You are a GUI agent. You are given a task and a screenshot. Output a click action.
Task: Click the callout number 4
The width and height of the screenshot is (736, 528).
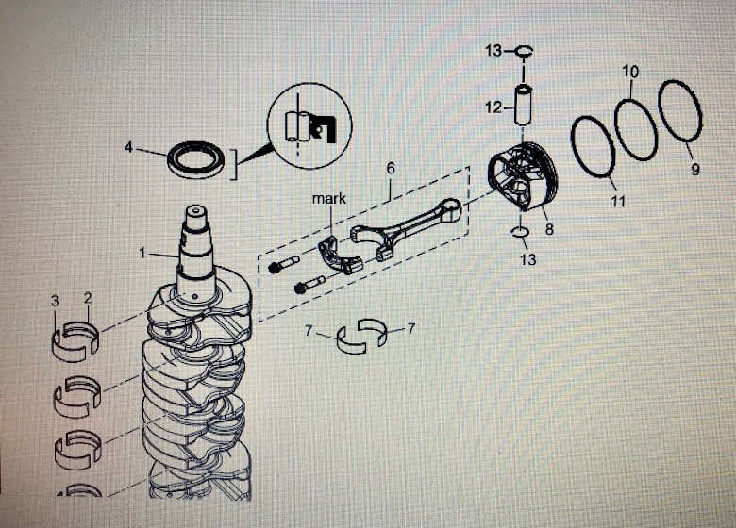(x=129, y=147)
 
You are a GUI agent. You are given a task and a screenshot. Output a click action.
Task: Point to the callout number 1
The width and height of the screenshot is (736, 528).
(x=143, y=253)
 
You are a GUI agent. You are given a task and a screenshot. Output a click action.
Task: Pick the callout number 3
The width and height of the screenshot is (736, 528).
(x=56, y=300)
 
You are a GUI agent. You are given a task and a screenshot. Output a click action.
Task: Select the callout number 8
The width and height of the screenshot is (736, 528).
(x=549, y=227)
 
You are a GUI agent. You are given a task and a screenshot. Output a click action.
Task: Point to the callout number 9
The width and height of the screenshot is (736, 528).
(x=695, y=170)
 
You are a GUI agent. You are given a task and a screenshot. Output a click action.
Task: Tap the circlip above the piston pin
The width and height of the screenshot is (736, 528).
(x=524, y=52)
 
